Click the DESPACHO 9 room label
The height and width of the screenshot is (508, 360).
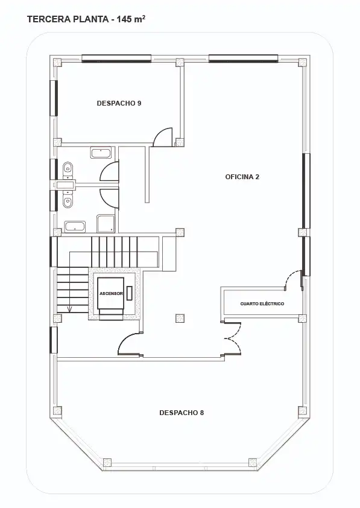[119, 103]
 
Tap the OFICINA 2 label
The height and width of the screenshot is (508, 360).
[242, 177]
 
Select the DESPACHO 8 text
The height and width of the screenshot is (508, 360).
[182, 413]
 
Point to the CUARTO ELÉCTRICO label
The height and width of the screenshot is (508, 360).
[262, 304]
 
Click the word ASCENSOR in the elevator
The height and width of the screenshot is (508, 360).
[112, 294]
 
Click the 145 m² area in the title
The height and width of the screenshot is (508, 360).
[131, 19]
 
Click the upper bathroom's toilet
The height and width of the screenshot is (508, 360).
[68, 167]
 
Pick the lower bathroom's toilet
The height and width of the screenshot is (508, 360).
[68, 202]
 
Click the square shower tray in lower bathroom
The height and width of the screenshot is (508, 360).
[106, 223]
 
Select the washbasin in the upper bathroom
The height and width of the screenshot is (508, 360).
[101, 153]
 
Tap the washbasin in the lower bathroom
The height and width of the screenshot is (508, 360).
[75, 227]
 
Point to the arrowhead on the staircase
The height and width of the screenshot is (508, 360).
[69, 310]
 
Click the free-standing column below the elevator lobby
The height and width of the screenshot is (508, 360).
[180, 318]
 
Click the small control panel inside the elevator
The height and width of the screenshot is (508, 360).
[130, 293]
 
